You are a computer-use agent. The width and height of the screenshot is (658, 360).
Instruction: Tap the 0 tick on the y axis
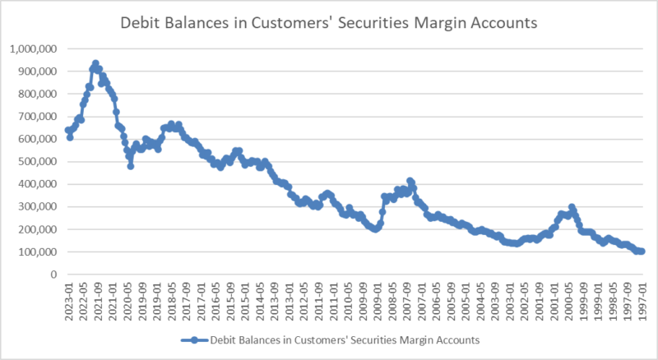(51, 275)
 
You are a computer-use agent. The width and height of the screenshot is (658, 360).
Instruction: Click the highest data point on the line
(95, 63)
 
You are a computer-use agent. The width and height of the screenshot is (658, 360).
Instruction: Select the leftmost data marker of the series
(68, 130)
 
